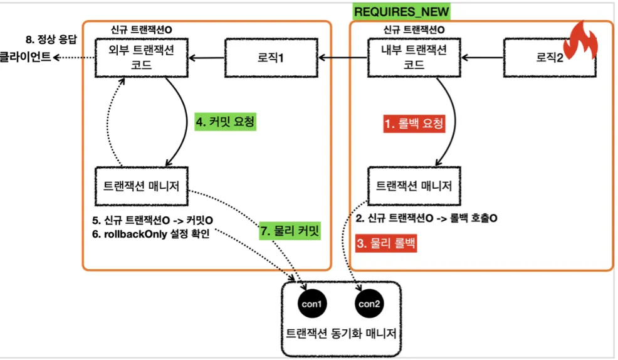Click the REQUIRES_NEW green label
[401, 11]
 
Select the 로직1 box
[271, 58]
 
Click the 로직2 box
[550, 58]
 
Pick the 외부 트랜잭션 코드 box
[142, 58]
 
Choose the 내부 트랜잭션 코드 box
[414, 58]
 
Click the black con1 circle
[312, 304]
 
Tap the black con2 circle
[369, 304]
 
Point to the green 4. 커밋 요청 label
[226, 122]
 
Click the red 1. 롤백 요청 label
[414, 124]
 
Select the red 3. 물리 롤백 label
[386, 243]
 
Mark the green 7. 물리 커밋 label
[290, 231]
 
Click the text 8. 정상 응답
[51, 40]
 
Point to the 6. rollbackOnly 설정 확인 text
[150, 234]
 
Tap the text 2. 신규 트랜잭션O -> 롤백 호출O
[426, 218]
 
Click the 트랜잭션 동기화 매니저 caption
[341, 334]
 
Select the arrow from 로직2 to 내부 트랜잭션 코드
[482, 58]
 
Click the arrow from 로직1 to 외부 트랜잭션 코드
[207, 58]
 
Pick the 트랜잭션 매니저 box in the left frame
[142, 186]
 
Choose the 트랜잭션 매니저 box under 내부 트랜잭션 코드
[414, 186]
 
